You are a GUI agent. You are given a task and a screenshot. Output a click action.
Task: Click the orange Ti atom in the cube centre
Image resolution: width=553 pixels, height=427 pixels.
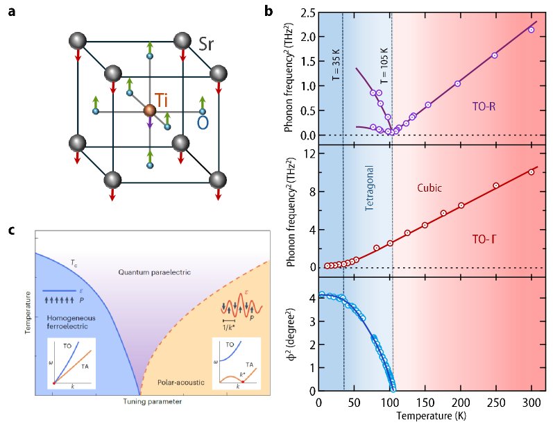point(149,110)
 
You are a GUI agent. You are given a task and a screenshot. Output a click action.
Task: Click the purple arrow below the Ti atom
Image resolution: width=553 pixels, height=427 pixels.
point(149,126)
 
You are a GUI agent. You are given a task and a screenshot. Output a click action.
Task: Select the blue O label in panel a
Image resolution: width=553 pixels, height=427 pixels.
point(203,123)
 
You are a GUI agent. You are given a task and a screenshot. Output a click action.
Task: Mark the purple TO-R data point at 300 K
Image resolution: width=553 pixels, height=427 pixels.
point(531,30)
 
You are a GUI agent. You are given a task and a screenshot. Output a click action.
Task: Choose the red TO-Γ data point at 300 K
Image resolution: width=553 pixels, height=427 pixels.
point(531,171)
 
